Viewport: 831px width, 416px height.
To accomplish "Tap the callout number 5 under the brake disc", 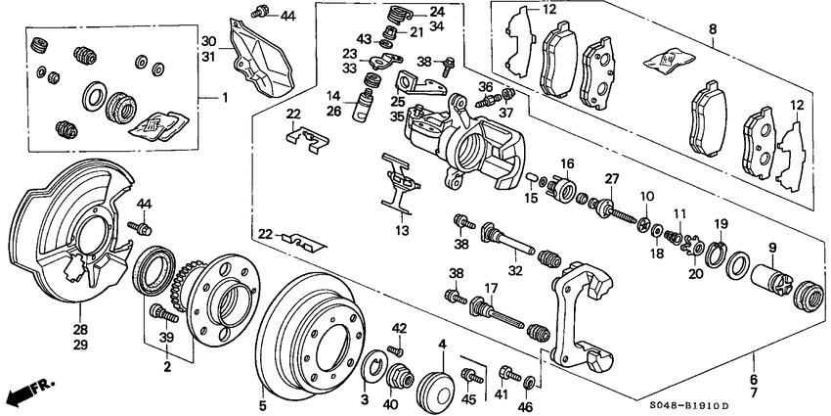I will click(262, 402).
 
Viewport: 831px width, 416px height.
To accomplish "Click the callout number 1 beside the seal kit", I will click(224, 97).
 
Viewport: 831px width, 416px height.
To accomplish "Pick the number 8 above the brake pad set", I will click(712, 30).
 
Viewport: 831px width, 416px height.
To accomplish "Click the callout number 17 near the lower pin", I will click(491, 287).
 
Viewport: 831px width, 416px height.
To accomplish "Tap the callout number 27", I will click(613, 179).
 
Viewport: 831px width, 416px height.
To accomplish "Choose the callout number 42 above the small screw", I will click(399, 328).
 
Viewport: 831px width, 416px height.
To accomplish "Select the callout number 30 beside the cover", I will click(206, 41).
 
